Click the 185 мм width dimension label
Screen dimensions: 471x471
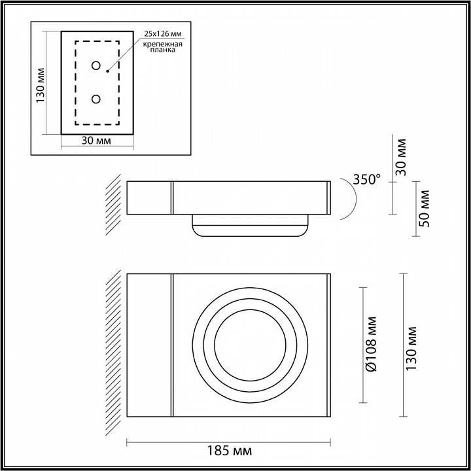228,451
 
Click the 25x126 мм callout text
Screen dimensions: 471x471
164,32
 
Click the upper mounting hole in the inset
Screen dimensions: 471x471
96,66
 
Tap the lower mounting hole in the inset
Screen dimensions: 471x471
96,99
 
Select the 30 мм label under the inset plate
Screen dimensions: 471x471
97,141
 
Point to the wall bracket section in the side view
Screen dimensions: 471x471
148,198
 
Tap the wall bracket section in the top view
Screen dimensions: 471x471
148,345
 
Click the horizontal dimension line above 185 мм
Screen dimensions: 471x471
228,440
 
